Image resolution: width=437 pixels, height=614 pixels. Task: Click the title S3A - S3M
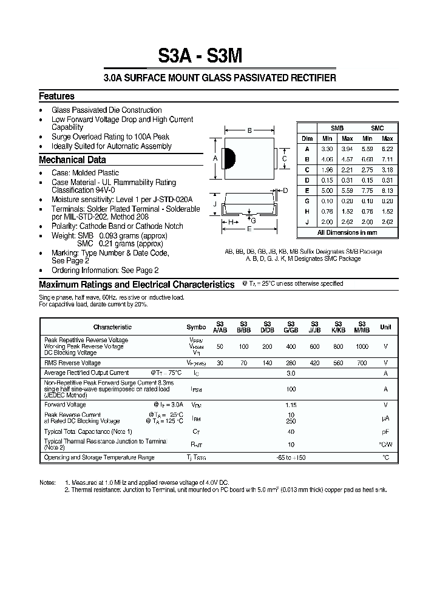[x=200, y=56]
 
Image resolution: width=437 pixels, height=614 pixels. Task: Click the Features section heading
[x=56, y=96]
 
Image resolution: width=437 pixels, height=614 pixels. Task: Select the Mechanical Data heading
[x=72, y=160]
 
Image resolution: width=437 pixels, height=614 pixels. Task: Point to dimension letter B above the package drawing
[x=249, y=130]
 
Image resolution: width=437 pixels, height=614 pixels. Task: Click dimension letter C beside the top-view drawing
[x=285, y=159]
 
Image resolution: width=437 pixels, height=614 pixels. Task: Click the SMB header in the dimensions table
[x=336, y=129]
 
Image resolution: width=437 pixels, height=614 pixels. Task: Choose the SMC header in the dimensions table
[x=377, y=129]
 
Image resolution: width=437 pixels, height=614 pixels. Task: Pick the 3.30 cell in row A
[x=327, y=149]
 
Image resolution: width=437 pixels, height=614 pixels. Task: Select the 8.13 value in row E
[x=387, y=191]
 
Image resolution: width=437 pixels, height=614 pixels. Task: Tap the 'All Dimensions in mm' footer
[x=347, y=232]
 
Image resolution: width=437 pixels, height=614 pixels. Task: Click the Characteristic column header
[x=112, y=327]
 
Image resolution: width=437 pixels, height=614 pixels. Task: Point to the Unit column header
[x=385, y=327]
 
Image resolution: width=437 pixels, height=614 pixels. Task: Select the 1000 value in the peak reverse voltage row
[x=362, y=346]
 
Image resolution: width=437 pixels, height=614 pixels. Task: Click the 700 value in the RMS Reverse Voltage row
[x=362, y=363]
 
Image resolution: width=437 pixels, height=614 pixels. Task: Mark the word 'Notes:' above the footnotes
[x=48, y=481]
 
